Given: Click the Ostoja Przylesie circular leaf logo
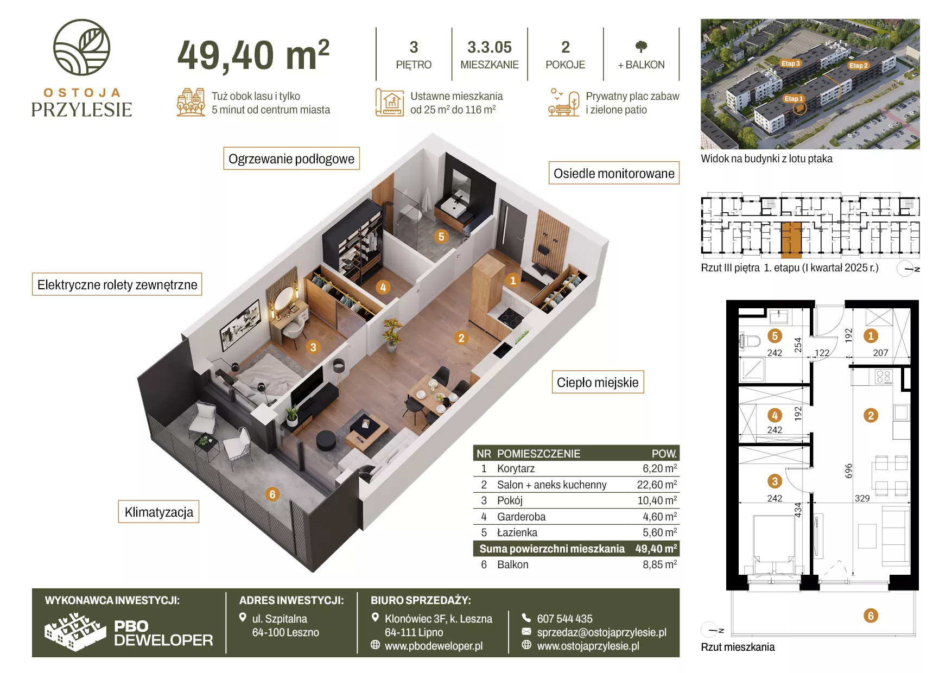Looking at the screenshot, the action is (x=81, y=47).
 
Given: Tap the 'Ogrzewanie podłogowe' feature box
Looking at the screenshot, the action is (x=291, y=158).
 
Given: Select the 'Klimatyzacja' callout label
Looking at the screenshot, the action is (x=158, y=512).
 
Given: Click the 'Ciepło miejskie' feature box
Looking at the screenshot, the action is (x=598, y=382).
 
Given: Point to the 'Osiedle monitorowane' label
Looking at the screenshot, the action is (x=614, y=173).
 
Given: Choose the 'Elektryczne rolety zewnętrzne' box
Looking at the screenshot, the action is (x=117, y=284).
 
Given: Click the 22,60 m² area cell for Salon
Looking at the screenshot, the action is (x=657, y=485).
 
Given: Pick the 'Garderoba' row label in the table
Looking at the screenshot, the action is (x=521, y=517).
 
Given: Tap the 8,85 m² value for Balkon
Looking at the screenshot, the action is (x=660, y=564).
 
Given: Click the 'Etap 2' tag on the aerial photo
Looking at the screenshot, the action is (x=858, y=66).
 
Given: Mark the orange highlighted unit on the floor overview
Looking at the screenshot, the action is (x=791, y=239).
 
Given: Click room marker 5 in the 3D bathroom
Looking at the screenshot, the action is (x=441, y=237).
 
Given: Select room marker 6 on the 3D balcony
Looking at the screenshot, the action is (x=272, y=494).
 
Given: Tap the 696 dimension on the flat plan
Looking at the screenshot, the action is (x=848, y=471).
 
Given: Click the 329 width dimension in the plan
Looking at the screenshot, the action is (x=862, y=498).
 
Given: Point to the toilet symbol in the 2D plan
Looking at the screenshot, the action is (x=750, y=341).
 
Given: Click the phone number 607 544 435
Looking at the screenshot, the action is (x=564, y=619).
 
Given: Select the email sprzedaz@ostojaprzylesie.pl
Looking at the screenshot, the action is (x=601, y=632).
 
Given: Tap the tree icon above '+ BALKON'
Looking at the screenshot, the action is (x=641, y=47).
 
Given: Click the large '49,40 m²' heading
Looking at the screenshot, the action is (x=253, y=55).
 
